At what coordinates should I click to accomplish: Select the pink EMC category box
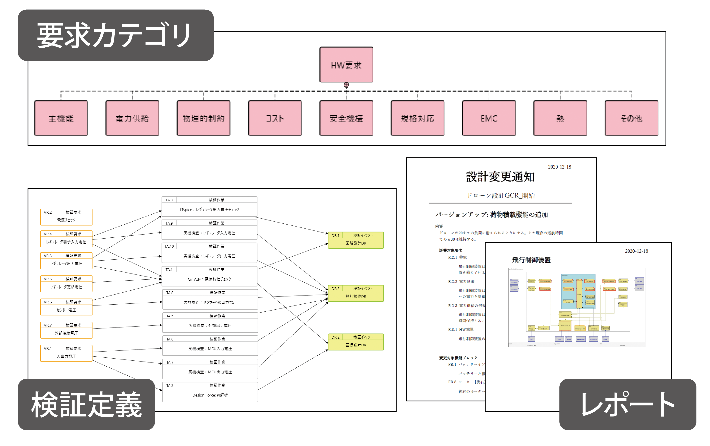tap(489, 118)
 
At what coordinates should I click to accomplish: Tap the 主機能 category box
tap(61, 118)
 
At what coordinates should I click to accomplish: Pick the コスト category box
tap(275, 118)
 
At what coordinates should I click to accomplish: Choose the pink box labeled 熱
tap(560, 118)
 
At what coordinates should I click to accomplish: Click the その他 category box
tap(631, 118)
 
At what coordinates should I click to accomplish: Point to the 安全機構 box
tap(346, 118)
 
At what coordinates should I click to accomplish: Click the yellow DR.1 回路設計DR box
tap(356, 240)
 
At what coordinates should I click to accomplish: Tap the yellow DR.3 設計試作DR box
tap(356, 293)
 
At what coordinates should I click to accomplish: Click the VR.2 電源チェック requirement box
tap(66, 217)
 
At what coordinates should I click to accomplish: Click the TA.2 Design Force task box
tap(210, 392)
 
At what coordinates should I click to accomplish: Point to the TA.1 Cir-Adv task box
tap(209, 276)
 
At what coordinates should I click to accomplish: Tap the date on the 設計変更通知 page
tap(559, 167)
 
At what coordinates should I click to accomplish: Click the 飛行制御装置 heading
tap(531, 260)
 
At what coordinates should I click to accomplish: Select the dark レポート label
tap(628, 404)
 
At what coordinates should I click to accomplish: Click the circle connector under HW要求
tap(346, 85)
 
